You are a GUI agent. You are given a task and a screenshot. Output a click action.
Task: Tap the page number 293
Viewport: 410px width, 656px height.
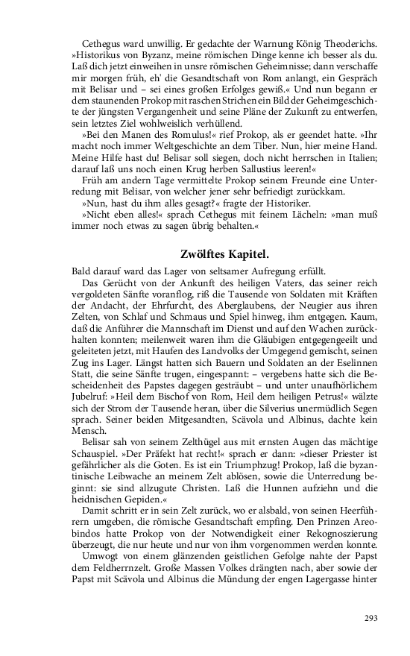(x=372, y=617)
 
